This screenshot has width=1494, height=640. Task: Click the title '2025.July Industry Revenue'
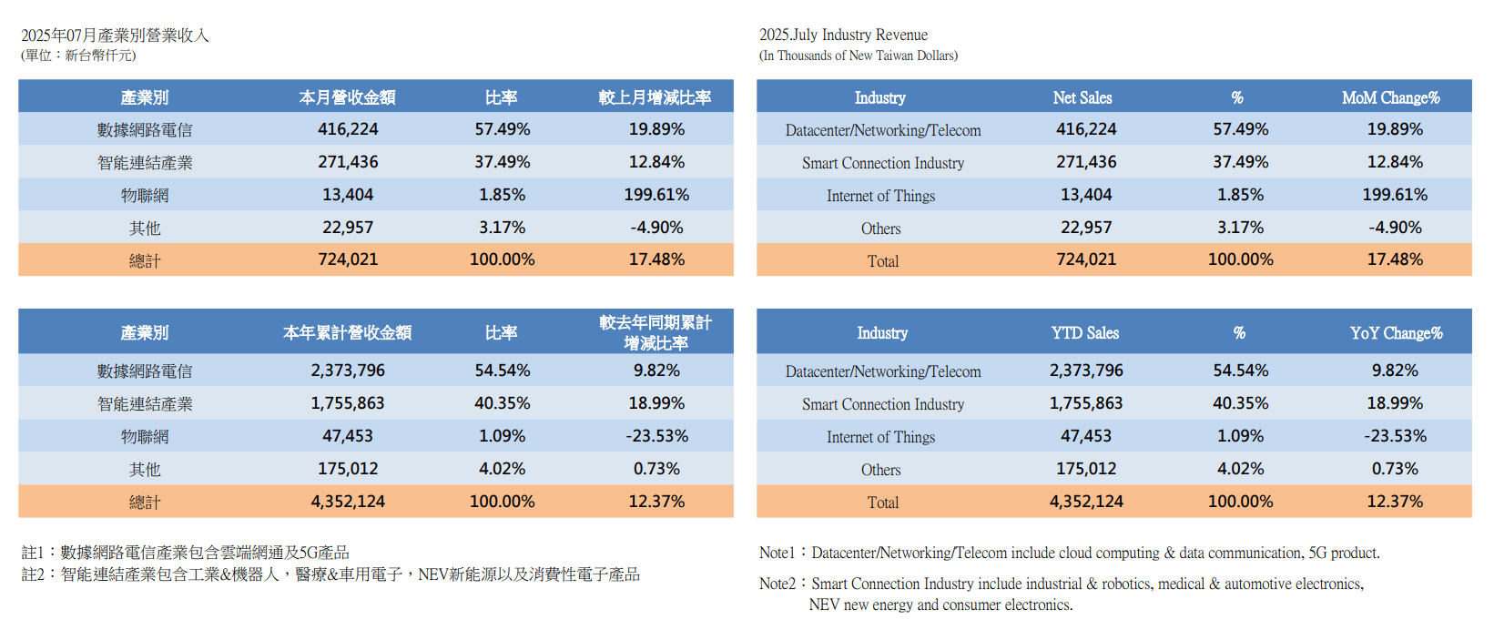[843, 35]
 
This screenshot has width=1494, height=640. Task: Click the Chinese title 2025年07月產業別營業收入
[115, 36]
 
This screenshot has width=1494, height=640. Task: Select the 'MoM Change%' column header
[1390, 97]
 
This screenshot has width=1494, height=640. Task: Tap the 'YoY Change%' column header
[1396, 333]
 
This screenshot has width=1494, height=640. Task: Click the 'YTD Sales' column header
[1084, 333]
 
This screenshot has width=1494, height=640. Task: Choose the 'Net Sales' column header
[1082, 97]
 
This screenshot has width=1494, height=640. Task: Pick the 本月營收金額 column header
[347, 97]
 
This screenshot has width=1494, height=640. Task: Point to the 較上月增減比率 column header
[655, 97]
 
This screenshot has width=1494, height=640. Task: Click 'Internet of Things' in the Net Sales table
[880, 196]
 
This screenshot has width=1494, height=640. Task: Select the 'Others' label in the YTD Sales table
[880, 470]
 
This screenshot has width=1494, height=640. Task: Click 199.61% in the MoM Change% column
[1394, 195]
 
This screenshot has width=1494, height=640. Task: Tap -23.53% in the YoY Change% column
[1395, 436]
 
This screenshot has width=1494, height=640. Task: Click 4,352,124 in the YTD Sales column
[1085, 502]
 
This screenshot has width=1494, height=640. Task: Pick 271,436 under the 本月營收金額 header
[348, 162]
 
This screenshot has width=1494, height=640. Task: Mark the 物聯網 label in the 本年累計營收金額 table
[145, 437]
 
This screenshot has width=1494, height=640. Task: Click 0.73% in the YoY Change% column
[1395, 469]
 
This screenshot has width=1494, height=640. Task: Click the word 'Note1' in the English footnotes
[777, 553]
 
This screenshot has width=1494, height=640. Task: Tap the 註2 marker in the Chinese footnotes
[33, 574]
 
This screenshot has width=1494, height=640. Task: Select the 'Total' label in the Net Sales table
[882, 261]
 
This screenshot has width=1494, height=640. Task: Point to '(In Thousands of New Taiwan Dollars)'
[858, 56]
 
